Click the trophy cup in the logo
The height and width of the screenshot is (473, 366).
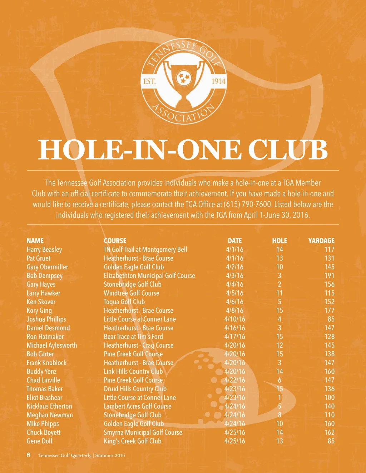[x=184, y=80]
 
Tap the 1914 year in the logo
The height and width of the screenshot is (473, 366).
[x=218, y=81]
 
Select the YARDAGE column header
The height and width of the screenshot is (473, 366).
[x=321, y=241]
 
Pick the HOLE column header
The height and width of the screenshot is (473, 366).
[x=280, y=241]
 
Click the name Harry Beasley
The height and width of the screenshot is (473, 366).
[x=44, y=250]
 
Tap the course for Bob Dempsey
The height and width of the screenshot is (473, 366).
[x=149, y=276]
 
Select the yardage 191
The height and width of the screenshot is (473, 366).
[x=329, y=276]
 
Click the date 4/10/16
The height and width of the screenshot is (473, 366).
[x=235, y=319]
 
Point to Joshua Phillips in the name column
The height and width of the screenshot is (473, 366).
[x=46, y=319]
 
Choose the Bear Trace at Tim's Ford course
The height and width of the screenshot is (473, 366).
[x=133, y=337]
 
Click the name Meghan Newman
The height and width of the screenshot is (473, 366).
[x=50, y=415]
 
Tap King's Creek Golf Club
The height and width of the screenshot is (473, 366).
[x=133, y=441]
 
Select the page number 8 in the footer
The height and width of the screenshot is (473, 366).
[x=29, y=455]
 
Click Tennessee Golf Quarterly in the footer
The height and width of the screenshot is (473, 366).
[x=65, y=456]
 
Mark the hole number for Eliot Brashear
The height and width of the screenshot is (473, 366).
[x=280, y=397]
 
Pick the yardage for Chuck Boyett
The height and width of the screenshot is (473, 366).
[x=329, y=432]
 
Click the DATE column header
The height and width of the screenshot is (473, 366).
[x=235, y=241]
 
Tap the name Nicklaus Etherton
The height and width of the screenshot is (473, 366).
[x=49, y=406]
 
